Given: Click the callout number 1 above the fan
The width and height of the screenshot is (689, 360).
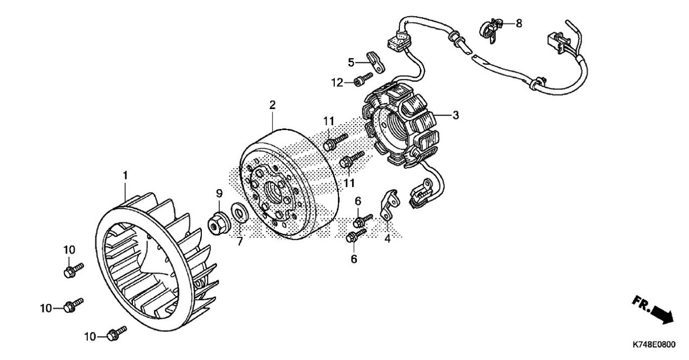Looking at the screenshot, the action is click(125, 176).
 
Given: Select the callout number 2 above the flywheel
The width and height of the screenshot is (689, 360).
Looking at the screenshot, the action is click(272, 105).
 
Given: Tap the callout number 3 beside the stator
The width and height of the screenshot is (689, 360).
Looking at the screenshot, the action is click(456, 115).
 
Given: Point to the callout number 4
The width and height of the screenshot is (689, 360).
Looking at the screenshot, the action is click(387, 238).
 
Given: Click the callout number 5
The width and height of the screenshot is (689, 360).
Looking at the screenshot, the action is click(351, 62).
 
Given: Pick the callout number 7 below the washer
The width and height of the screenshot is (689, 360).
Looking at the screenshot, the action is click(240, 241).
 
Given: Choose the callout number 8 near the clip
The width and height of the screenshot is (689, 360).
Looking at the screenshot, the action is click(519, 23).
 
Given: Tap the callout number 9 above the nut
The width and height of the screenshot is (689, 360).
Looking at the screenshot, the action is click(219, 194).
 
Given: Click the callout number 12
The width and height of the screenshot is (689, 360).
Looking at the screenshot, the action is click(337, 82).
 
